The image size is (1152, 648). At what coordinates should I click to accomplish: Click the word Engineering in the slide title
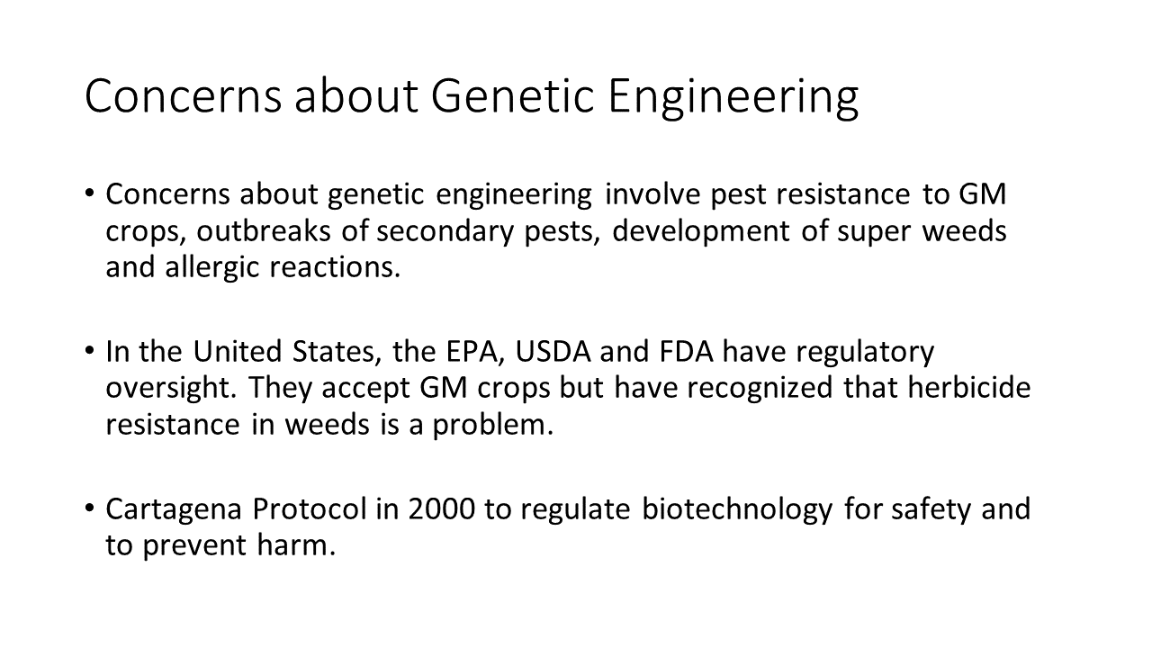click(x=733, y=98)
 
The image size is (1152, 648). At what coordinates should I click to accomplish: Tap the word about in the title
click(x=355, y=95)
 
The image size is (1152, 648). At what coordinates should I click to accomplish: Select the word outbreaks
click(x=264, y=230)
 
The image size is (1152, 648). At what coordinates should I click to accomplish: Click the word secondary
click(x=445, y=232)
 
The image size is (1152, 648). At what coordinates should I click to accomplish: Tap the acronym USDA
click(x=553, y=352)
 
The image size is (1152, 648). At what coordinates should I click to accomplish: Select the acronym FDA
click(x=686, y=352)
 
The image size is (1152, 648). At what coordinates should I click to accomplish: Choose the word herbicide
click(x=969, y=388)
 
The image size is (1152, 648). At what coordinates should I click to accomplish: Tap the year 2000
click(x=442, y=509)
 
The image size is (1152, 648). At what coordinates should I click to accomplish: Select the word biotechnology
click(x=737, y=510)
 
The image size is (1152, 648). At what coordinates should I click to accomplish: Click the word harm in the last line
click(x=296, y=544)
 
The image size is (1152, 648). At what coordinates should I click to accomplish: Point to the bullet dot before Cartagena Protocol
click(x=90, y=508)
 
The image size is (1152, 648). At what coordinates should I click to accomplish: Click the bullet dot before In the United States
click(x=90, y=351)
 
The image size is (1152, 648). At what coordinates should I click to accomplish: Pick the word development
click(x=700, y=232)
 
